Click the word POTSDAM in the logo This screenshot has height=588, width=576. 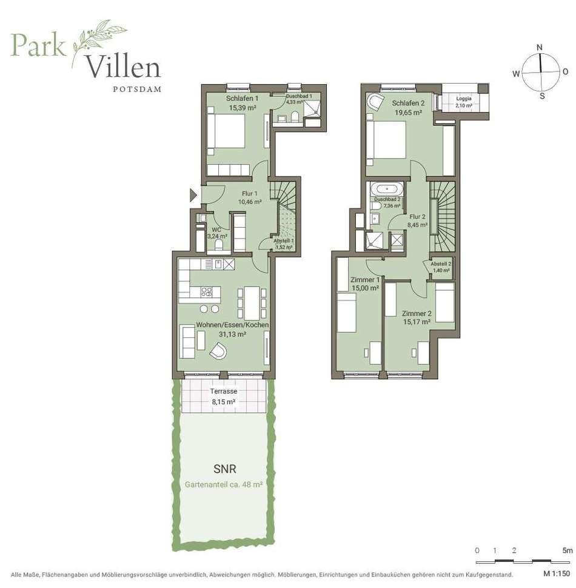137,89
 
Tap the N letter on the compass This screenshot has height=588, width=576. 540,47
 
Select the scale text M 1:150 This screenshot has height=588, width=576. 557,573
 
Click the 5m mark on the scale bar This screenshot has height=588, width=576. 568,550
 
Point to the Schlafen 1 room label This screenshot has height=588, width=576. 242,99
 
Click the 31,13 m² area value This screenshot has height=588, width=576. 232,334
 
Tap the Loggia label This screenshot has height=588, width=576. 464,99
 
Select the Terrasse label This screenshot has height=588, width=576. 223,391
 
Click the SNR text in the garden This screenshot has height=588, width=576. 225,469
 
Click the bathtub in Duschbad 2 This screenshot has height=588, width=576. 387,188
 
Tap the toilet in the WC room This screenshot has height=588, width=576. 219,245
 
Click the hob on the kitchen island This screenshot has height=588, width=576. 206,291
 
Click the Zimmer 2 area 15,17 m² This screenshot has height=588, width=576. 417,322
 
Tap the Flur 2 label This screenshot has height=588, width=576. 417,217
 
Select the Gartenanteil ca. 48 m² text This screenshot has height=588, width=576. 223,484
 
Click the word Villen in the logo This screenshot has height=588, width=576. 124,67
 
